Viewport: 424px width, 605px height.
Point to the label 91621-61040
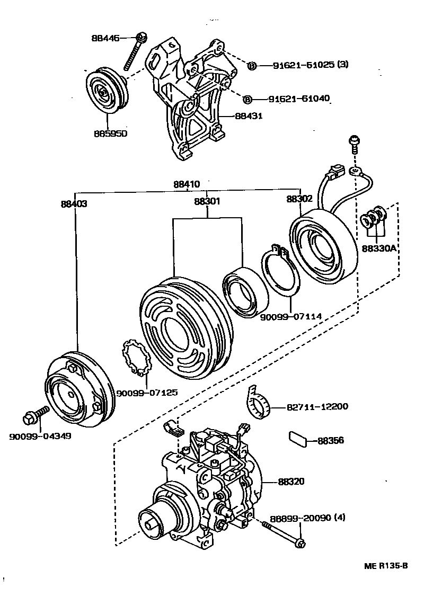tap(298, 99)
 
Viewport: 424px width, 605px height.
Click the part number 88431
tap(248, 115)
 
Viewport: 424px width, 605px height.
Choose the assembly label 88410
tap(187, 184)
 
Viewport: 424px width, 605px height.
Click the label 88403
tap(74, 203)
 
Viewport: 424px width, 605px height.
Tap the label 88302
tap(299, 199)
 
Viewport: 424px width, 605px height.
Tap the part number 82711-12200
tap(317, 406)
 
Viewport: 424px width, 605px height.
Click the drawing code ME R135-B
tap(386, 566)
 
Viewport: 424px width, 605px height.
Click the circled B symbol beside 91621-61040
tap(247, 99)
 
